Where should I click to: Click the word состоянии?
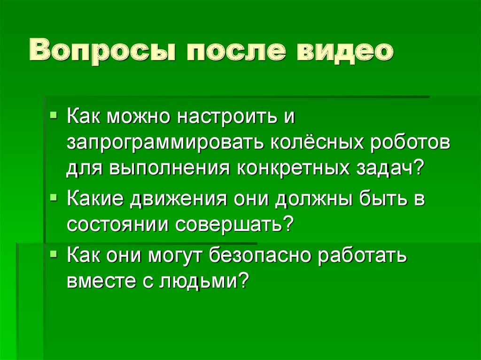point(117,225)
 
